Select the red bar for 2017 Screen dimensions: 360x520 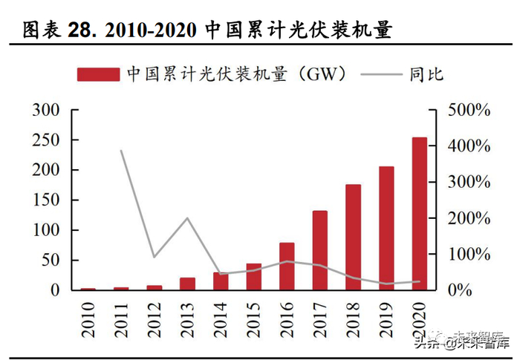(319, 250)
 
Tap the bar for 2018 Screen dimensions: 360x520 (353, 237)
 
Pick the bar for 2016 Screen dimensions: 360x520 (287, 266)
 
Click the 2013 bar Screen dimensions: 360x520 (187, 284)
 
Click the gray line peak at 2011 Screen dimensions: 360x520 (120, 151)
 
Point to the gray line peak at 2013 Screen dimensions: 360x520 (187, 218)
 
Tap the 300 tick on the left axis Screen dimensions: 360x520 (45, 110)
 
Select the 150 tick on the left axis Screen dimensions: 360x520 (45, 200)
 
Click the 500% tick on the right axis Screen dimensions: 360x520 (469, 110)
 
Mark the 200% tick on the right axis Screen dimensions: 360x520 (469, 218)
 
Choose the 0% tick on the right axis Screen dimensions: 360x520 (461, 290)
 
